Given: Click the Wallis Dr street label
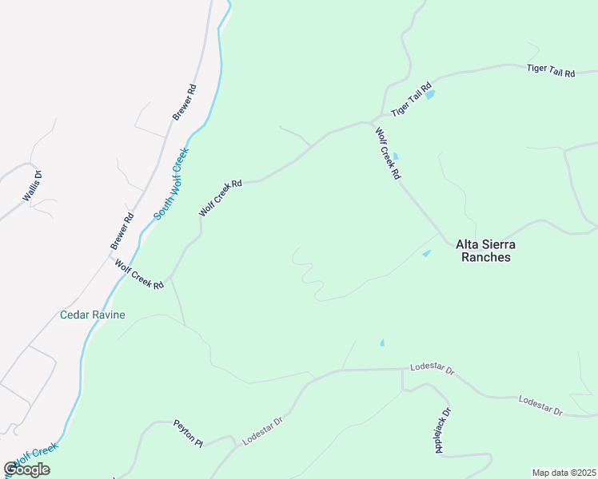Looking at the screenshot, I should pyautogui.click(x=31, y=186).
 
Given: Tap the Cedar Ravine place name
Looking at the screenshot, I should pyautogui.click(x=93, y=315).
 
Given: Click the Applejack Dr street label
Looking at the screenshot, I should pyautogui.click(x=443, y=430).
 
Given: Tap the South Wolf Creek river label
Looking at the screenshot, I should pyautogui.click(x=172, y=183).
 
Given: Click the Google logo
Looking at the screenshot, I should pyautogui.click(x=26, y=469).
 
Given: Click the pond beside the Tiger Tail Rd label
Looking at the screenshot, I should pyautogui.click(x=430, y=94).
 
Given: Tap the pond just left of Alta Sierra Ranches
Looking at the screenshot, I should pyautogui.click(x=426, y=254).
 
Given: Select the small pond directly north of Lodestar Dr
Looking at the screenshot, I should pyautogui.click(x=381, y=343).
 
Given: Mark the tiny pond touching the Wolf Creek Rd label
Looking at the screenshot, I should pyautogui.click(x=395, y=156).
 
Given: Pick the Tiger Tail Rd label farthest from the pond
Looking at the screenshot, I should pyautogui.click(x=551, y=70).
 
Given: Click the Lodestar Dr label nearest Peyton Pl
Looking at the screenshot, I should pyautogui.click(x=262, y=430).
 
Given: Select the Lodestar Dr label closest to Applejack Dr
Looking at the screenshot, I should pyautogui.click(x=432, y=370).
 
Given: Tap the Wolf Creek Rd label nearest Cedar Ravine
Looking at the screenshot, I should pyautogui.click(x=138, y=274).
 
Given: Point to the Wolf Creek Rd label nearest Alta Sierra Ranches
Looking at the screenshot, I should pyautogui.click(x=387, y=152).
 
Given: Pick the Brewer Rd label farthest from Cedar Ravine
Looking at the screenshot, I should pyautogui.click(x=184, y=100).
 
